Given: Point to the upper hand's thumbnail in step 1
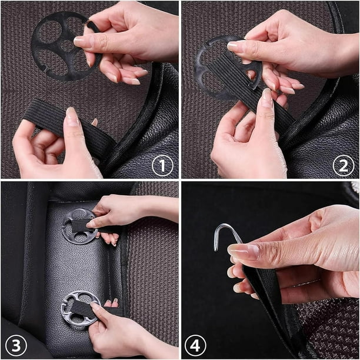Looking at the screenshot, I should [x=83, y=42].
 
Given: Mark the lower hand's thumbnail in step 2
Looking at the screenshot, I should [x=266, y=98].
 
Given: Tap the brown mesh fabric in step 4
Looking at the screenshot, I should [x=329, y=329].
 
